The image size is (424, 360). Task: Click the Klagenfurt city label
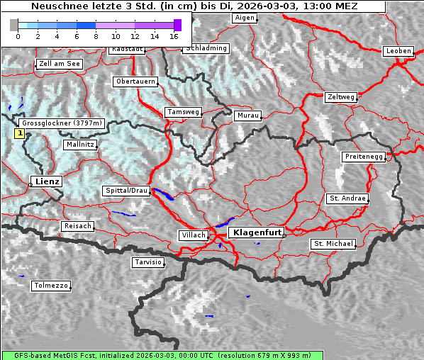(258, 232)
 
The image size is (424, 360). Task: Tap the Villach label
(193, 235)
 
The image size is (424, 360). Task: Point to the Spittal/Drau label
(126, 191)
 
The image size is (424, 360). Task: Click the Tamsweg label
(183, 112)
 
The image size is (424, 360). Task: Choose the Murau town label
(248, 115)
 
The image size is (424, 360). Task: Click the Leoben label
(398, 51)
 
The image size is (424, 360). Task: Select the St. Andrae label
(347, 198)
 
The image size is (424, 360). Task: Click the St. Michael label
(333, 244)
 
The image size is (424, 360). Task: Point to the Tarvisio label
(147, 262)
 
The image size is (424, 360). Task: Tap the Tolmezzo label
(50, 286)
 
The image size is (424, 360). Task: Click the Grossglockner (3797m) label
(62, 123)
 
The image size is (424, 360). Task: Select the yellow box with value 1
(20, 133)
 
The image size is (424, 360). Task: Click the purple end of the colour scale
(177, 25)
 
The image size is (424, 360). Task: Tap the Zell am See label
(60, 64)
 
